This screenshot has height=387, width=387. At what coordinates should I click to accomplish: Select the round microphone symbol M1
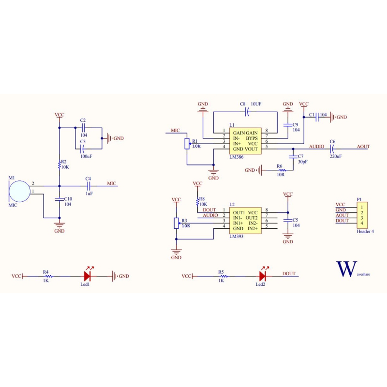click(x=20, y=191)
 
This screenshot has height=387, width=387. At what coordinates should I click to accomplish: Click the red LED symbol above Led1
click(x=88, y=276)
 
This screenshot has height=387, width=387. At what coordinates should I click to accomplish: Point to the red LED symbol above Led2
click(x=263, y=276)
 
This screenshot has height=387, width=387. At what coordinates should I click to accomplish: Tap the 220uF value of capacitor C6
click(x=335, y=156)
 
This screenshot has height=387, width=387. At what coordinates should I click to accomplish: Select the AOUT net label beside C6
click(x=363, y=146)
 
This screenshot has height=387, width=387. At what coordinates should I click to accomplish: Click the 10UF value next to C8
click(x=256, y=104)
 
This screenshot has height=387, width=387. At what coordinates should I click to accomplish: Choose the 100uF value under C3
click(x=87, y=156)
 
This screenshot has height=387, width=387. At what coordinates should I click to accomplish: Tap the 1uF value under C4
click(x=89, y=193)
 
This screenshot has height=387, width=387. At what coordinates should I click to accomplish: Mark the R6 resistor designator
click(x=280, y=166)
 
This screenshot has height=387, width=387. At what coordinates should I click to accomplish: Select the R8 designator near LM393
click(x=202, y=198)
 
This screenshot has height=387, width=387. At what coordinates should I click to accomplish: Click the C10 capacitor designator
click(x=68, y=199)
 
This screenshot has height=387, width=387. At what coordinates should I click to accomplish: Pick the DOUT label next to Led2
click(x=289, y=274)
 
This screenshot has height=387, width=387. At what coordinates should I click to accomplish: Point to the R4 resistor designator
click(x=46, y=272)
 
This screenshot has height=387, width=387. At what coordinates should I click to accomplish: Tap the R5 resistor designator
click(x=221, y=272)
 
